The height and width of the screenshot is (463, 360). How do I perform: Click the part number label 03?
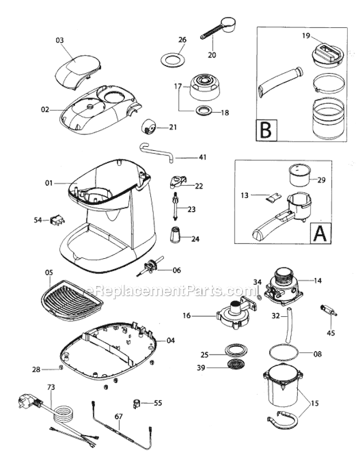point(59,41)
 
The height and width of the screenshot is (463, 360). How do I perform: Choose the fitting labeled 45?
point(326,311)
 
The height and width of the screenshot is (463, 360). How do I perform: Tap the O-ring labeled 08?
point(285,352)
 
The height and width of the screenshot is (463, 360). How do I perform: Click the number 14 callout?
point(318,281)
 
